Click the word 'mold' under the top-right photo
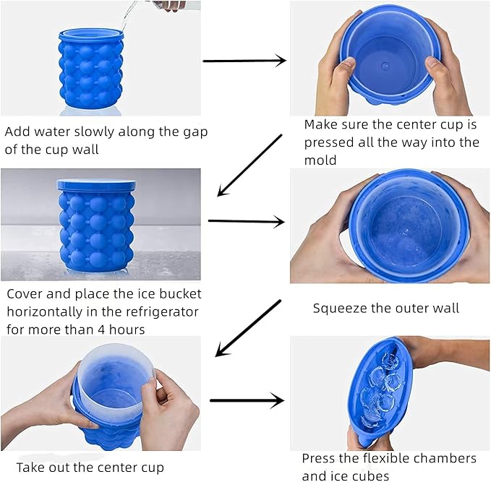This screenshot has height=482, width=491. (x=320, y=160)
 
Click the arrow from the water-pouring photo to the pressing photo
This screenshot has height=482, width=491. (x=244, y=61)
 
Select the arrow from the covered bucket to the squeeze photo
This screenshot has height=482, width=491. (x=246, y=223)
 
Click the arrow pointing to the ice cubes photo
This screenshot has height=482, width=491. (x=246, y=400)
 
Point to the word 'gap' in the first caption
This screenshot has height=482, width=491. (x=194, y=132)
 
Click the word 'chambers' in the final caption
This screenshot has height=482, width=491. (x=450, y=458)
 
